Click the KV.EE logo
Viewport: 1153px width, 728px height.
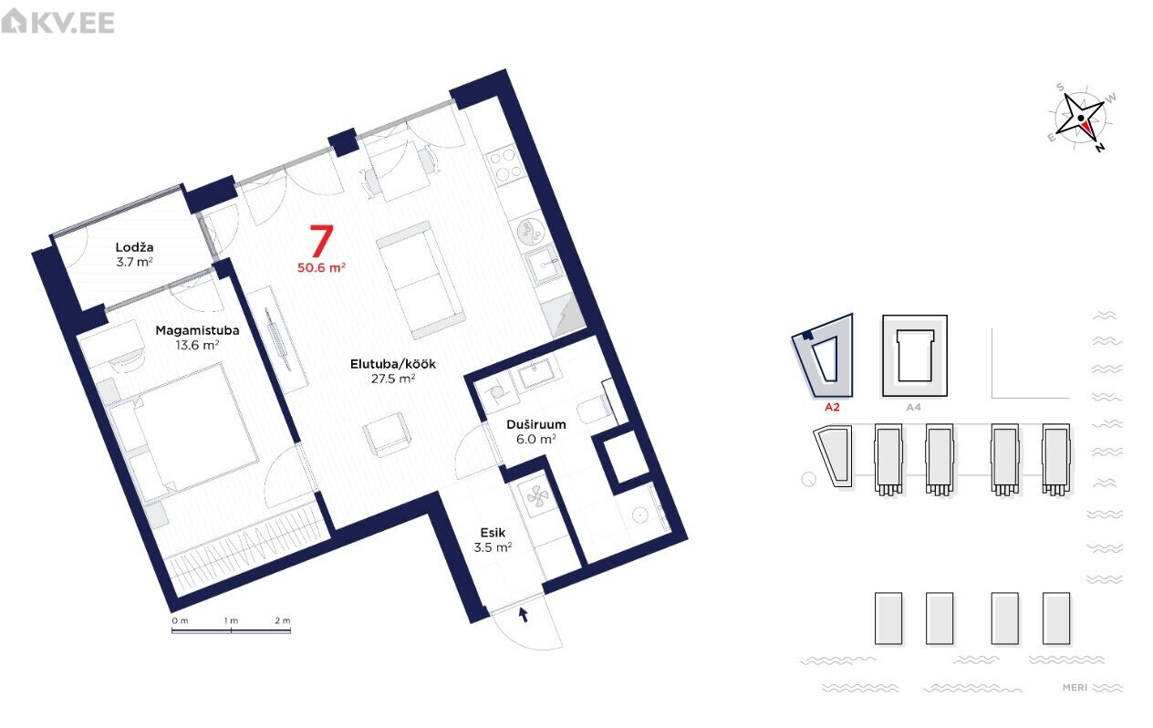coord(57,22)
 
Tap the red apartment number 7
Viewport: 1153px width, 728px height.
coord(322,241)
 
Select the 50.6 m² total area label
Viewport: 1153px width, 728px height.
coord(321,267)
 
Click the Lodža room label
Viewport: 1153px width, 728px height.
coord(134,247)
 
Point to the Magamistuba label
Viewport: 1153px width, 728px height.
coord(197,330)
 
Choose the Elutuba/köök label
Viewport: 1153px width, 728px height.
coord(393,364)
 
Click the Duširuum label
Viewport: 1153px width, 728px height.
coord(536,424)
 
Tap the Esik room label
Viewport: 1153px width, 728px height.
coord(493,533)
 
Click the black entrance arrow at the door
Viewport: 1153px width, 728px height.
coord(524,614)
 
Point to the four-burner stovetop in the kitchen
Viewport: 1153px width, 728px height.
coord(503,165)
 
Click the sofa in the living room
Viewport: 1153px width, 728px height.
coord(421,279)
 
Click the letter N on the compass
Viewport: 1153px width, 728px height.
coord(1099,147)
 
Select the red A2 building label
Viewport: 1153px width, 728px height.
coord(832,407)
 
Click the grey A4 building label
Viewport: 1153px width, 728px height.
coord(914,407)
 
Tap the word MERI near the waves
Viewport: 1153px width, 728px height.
coord(1075,687)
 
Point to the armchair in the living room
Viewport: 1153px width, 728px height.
coord(387,434)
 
